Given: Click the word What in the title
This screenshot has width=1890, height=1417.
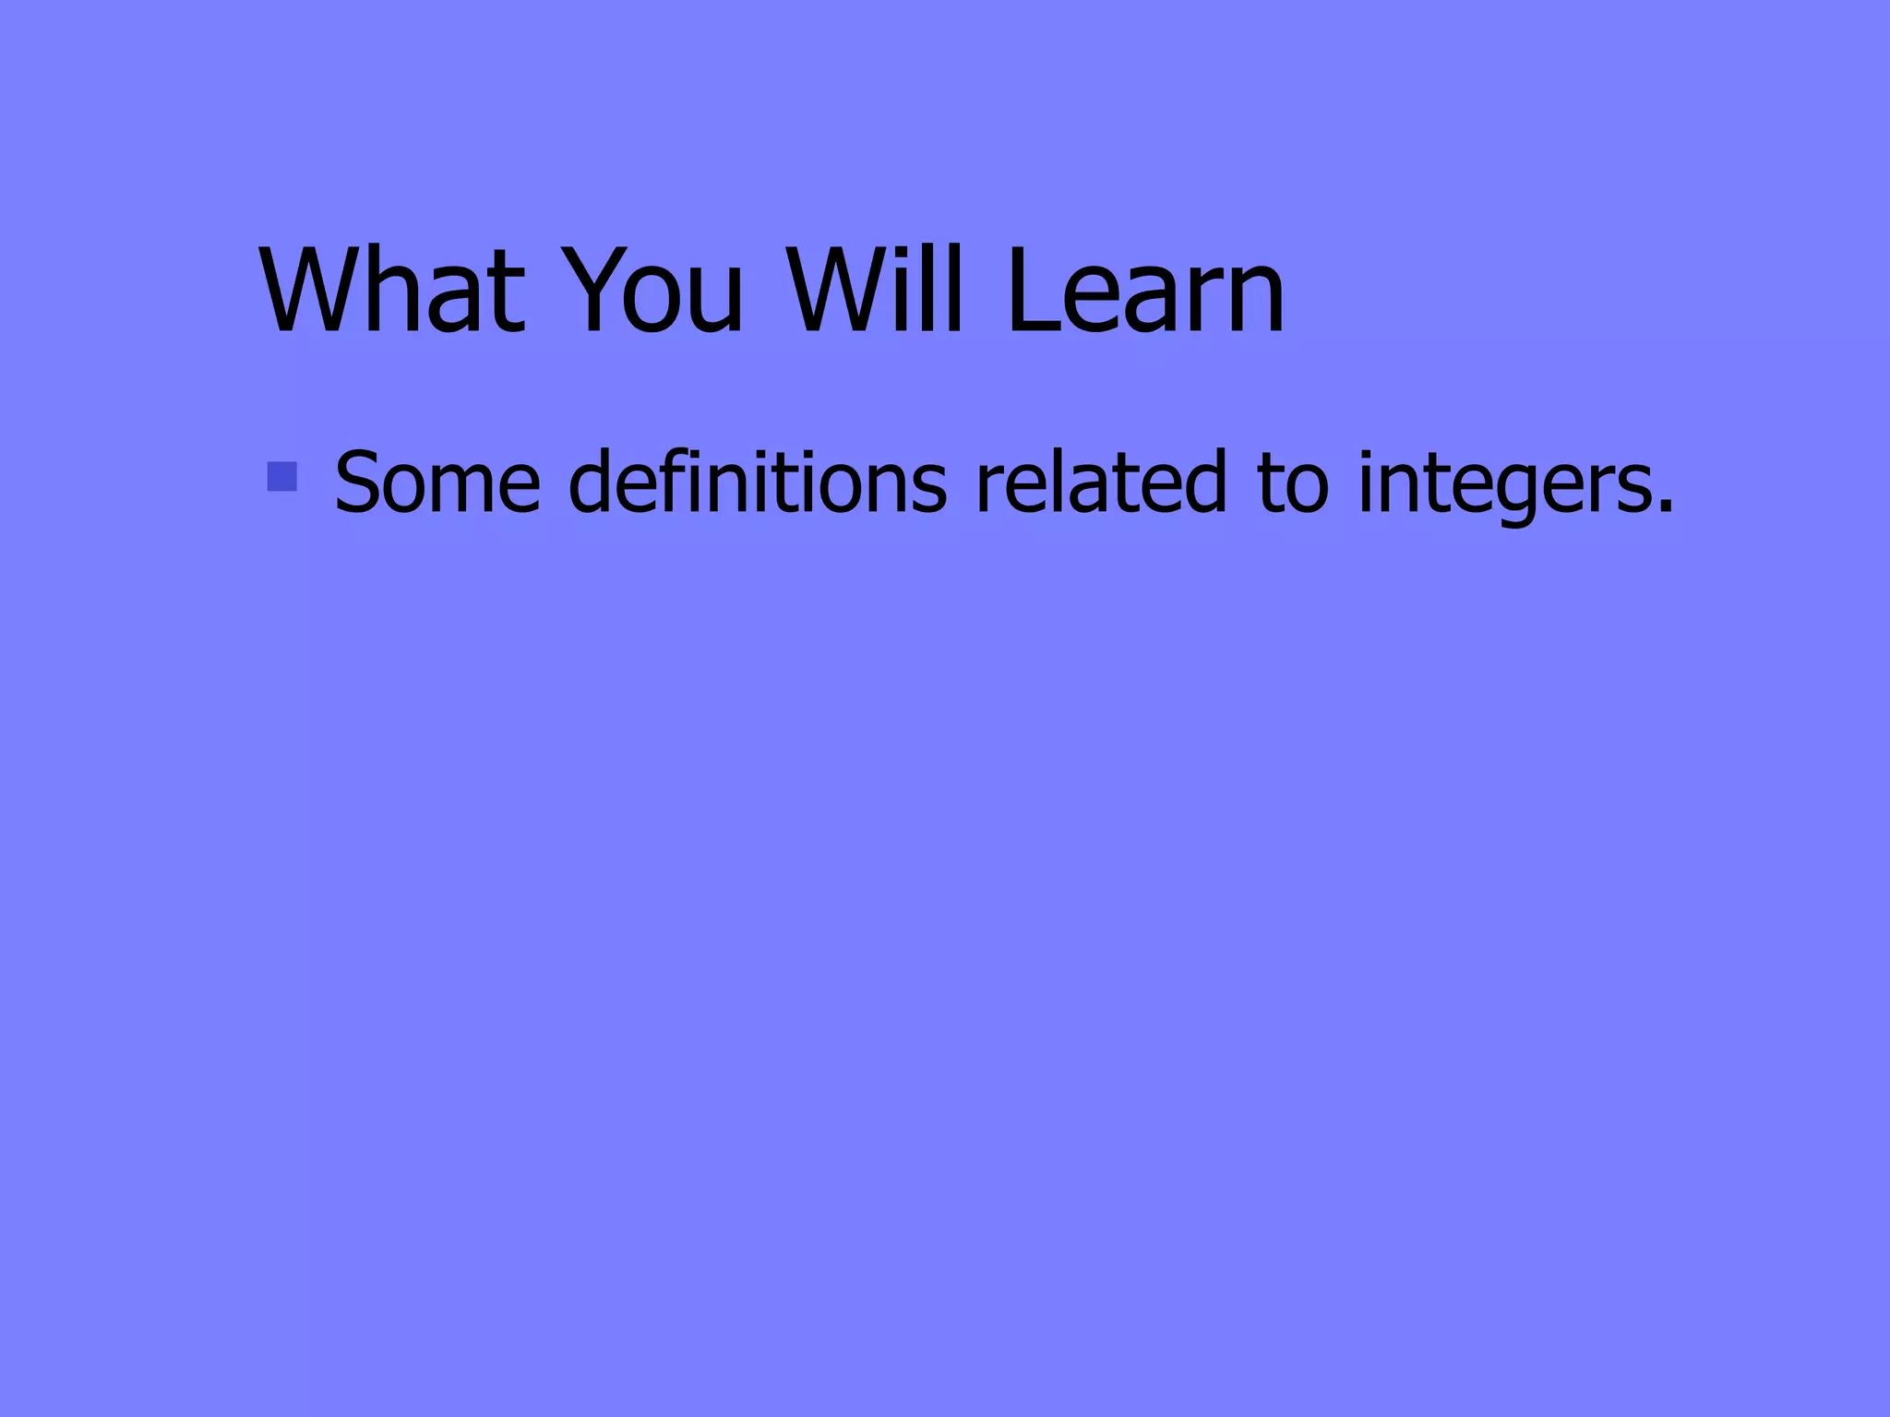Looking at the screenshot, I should coord(393,291).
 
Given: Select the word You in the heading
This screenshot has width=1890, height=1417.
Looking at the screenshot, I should coord(653,291).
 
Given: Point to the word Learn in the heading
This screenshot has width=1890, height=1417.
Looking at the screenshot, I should coord(1145,291).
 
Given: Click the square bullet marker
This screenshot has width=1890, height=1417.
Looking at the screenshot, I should coord(281,476).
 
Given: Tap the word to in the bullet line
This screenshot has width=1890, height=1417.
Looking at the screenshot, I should coord(1293,482).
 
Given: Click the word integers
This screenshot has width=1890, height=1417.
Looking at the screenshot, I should coord(1503,482).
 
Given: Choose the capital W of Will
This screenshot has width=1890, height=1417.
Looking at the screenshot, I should coord(834,291).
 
